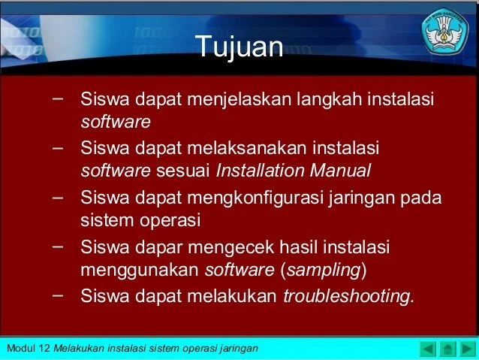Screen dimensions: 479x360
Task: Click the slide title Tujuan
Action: [x=239, y=47]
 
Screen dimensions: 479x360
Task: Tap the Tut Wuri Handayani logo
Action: [x=445, y=32]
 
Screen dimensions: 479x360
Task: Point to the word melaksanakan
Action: [x=247, y=148]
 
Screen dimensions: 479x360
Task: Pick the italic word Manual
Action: [x=340, y=171]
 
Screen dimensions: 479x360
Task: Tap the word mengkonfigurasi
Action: [x=255, y=198]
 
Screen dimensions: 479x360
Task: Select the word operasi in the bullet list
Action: [x=170, y=221]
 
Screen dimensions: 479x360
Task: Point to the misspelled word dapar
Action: [x=159, y=247]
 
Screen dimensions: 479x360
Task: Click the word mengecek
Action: [x=231, y=247]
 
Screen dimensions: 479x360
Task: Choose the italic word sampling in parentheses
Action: [x=324, y=271]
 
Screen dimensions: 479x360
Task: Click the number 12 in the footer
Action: [x=44, y=349]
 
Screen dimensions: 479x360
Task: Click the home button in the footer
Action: [x=447, y=349]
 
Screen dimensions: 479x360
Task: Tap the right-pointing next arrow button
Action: [x=468, y=349]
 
